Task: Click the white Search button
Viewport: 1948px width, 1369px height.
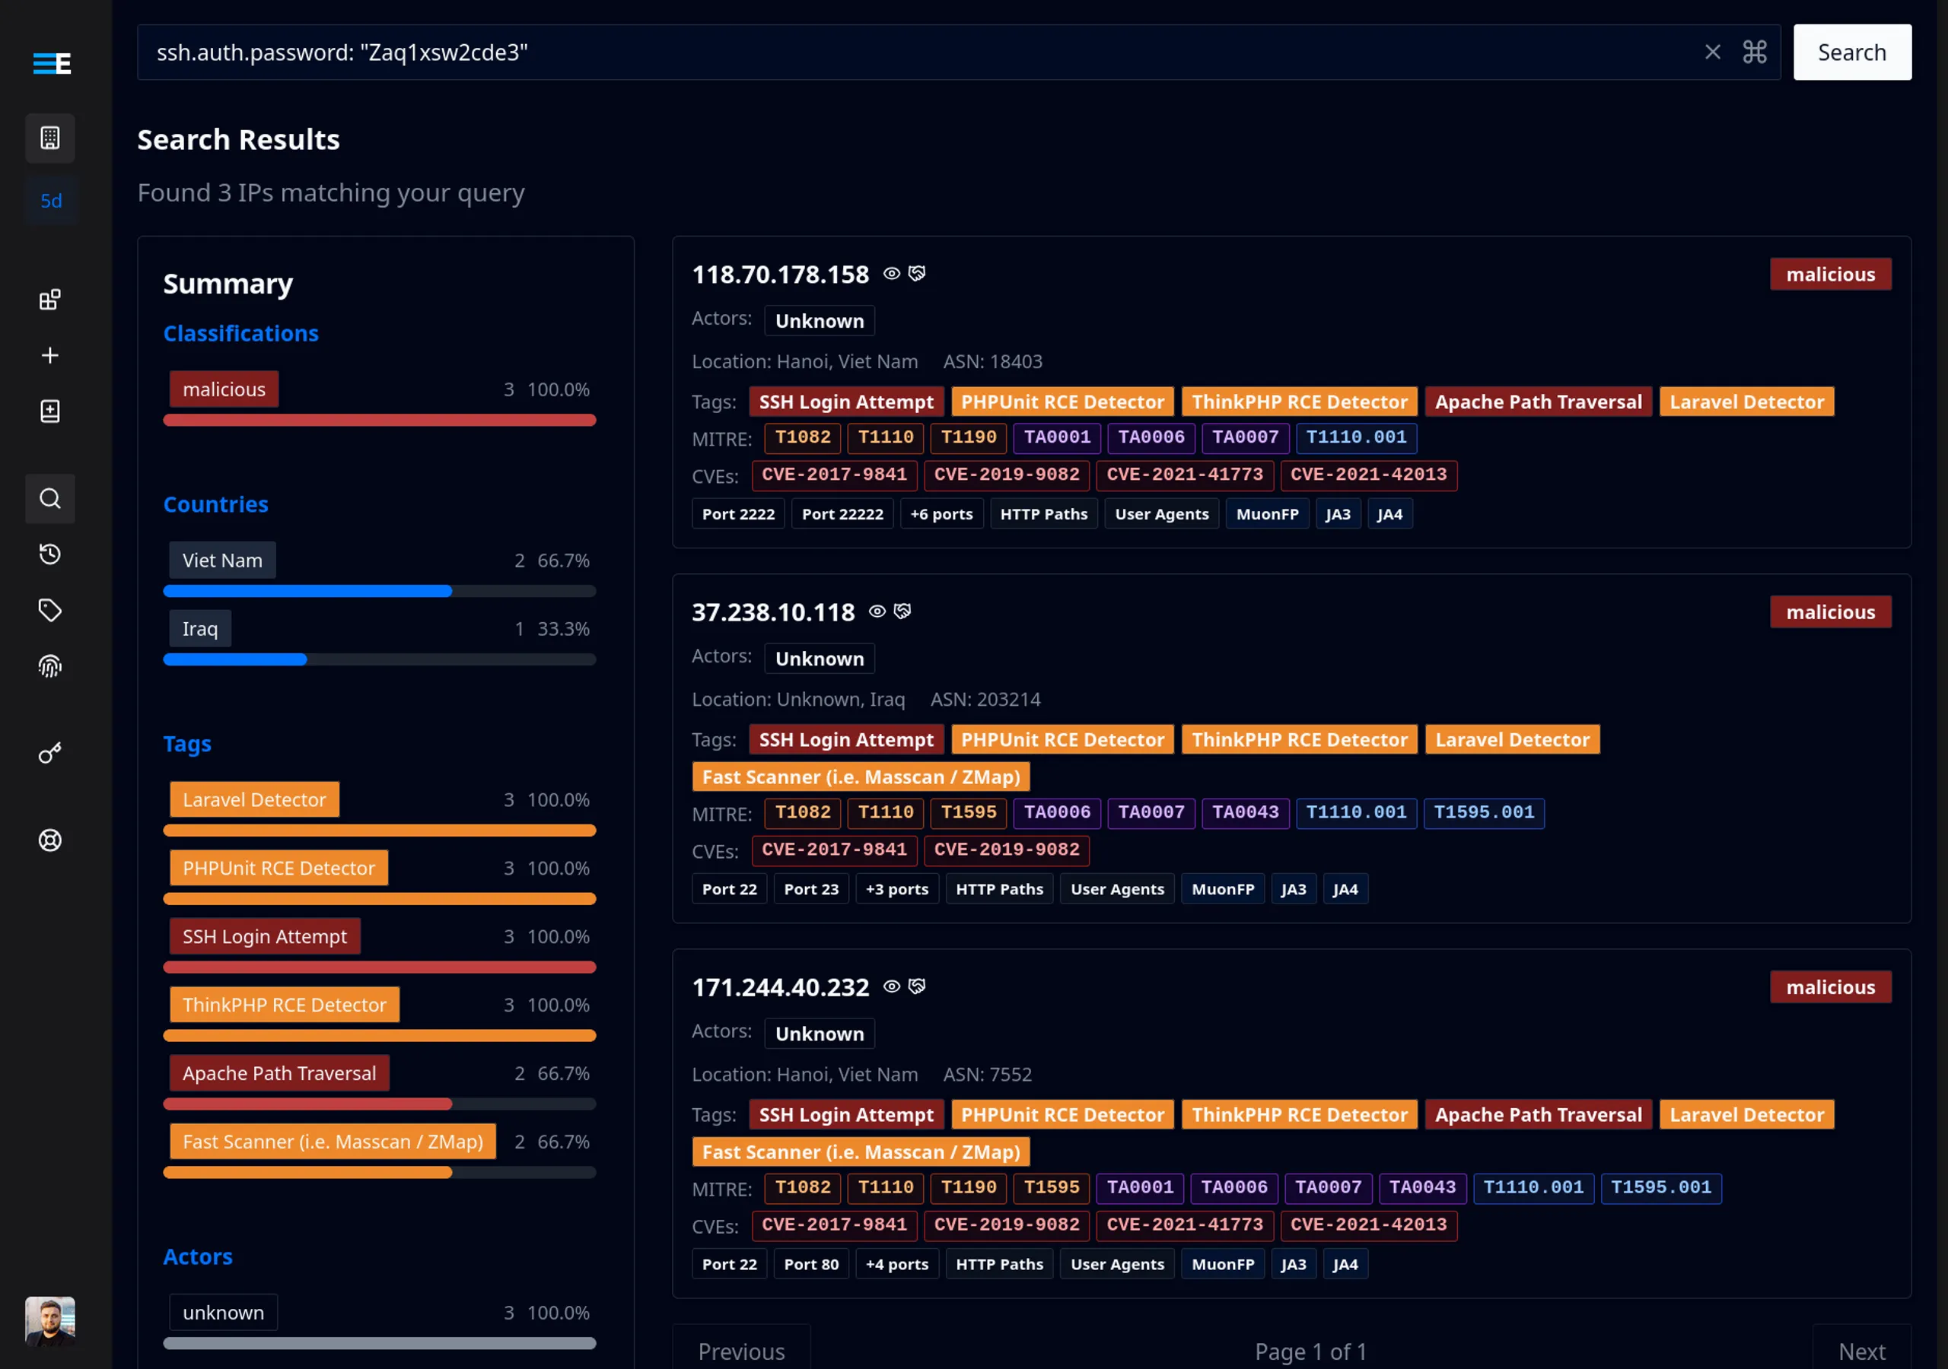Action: tap(1851, 52)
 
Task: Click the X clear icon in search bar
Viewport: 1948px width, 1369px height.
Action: tap(1712, 52)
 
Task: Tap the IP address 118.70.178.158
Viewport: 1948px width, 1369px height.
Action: tap(780, 275)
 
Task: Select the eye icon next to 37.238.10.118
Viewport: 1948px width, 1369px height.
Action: tap(877, 611)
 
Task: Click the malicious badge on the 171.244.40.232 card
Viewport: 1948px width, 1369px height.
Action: tap(1829, 987)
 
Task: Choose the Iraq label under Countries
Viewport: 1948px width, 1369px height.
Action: tap(199, 628)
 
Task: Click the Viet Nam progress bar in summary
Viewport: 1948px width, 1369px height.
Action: tap(379, 591)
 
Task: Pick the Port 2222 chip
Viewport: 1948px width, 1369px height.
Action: tap(738, 514)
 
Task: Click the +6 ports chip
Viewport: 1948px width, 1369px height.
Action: tap(941, 514)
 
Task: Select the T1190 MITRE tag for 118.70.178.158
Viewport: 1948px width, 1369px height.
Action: tap(968, 437)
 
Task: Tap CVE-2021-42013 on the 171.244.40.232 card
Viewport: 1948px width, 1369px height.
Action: tap(1367, 1224)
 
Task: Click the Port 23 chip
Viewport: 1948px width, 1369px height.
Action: tap(810, 889)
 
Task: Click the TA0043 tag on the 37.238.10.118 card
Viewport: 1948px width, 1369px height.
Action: tap(1245, 812)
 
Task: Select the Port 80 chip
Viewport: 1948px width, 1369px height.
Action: tap(810, 1264)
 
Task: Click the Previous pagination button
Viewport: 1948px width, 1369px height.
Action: tap(740, 1350)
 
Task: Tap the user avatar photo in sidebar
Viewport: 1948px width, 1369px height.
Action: tap(50, 1320)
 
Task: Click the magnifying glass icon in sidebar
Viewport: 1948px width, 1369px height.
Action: tap(50, 499)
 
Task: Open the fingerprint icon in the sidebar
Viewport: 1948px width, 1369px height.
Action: tap(50, 667)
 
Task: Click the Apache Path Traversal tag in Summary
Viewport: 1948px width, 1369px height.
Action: tap(279, 1073)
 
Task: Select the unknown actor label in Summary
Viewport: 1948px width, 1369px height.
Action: tap(223, 1312)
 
